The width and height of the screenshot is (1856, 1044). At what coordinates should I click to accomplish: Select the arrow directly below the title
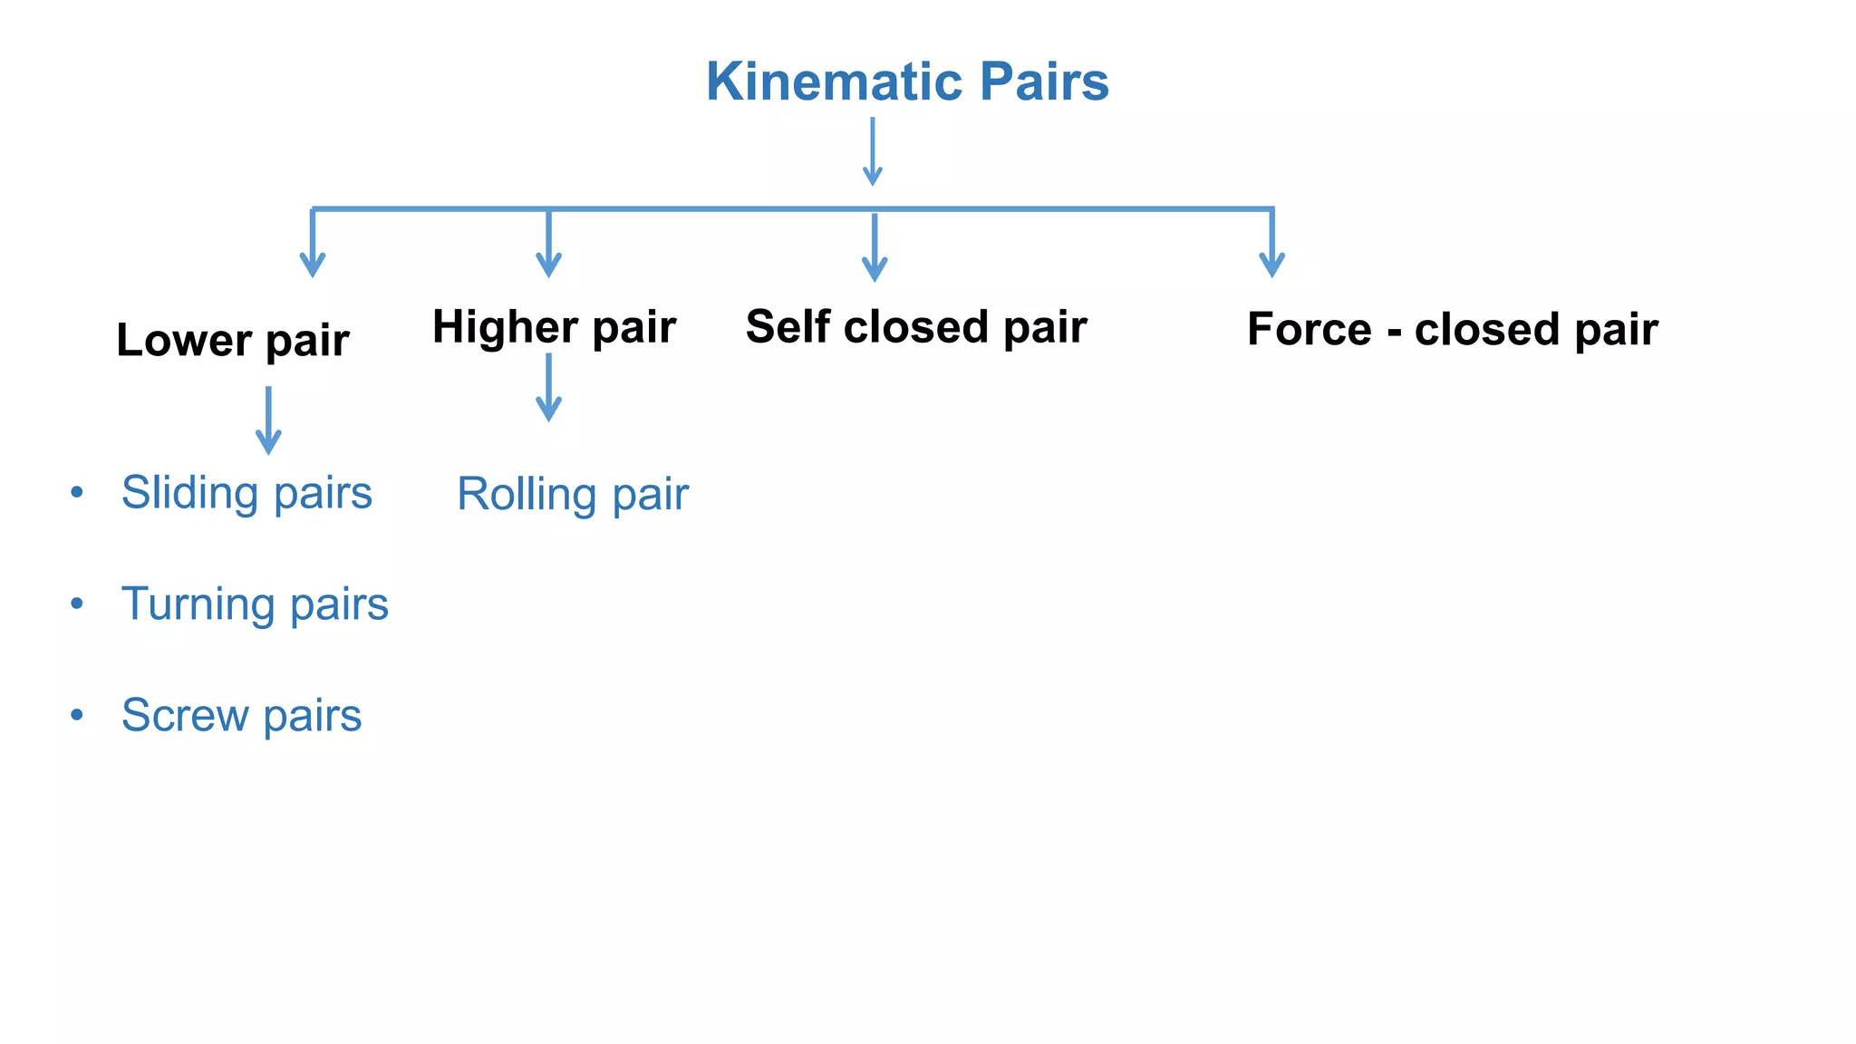coord(873,150)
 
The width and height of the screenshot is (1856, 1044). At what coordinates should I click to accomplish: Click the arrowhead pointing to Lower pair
coord(313,264)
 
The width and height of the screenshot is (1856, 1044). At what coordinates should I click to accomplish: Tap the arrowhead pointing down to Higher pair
coord(548,264)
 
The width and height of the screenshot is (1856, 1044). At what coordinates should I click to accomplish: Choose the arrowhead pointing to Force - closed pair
coord(1272,264)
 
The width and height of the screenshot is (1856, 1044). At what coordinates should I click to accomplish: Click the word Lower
coord(184,342)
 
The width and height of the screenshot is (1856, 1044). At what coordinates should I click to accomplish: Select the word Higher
coord(505,327)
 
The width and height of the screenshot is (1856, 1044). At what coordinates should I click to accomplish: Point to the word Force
coord(1309,330)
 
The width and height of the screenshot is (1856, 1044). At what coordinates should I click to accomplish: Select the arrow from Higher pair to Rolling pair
coord(548,387)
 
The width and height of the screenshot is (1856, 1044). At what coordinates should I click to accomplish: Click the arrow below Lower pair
coord(268,420)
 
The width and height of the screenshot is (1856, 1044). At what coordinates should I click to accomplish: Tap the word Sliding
coord(190,494)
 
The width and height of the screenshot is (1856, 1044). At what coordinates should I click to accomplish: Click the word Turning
coord(198,605)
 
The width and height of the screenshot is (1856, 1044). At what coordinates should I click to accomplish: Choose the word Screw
coord(184,716)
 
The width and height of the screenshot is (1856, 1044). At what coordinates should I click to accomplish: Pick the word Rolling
coord(526,495)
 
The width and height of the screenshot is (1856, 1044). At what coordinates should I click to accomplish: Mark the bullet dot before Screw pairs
coord(77,715)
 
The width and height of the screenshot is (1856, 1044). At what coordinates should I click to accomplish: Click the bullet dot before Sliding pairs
coord(77,492)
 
